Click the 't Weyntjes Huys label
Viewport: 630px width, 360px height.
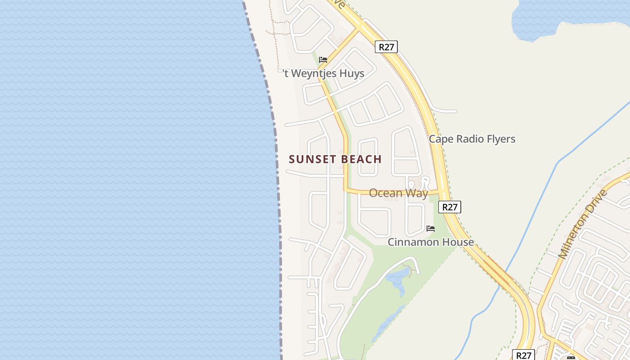pos(324,73)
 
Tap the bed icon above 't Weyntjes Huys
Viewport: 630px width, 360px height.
pos(323,60)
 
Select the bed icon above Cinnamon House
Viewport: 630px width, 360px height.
pos(431,229)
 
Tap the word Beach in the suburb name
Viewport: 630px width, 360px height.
pos(361,159)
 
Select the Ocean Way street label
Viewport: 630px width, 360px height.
pos(398,193)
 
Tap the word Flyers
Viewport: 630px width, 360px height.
pos(500,139)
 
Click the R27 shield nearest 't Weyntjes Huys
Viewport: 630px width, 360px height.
pos(387,47)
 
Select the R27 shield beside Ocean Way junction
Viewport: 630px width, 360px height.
pos(450,207)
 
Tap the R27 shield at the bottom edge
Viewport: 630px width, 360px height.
pos(524,355)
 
